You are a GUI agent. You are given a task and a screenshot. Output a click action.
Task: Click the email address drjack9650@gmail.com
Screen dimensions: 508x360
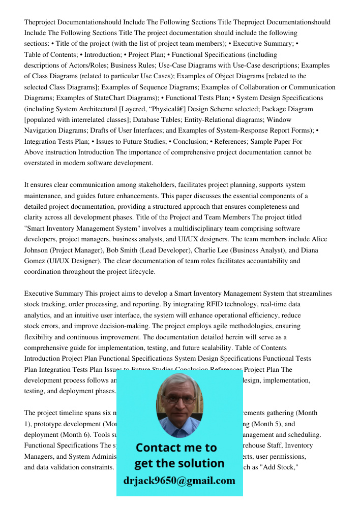point(179,481)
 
